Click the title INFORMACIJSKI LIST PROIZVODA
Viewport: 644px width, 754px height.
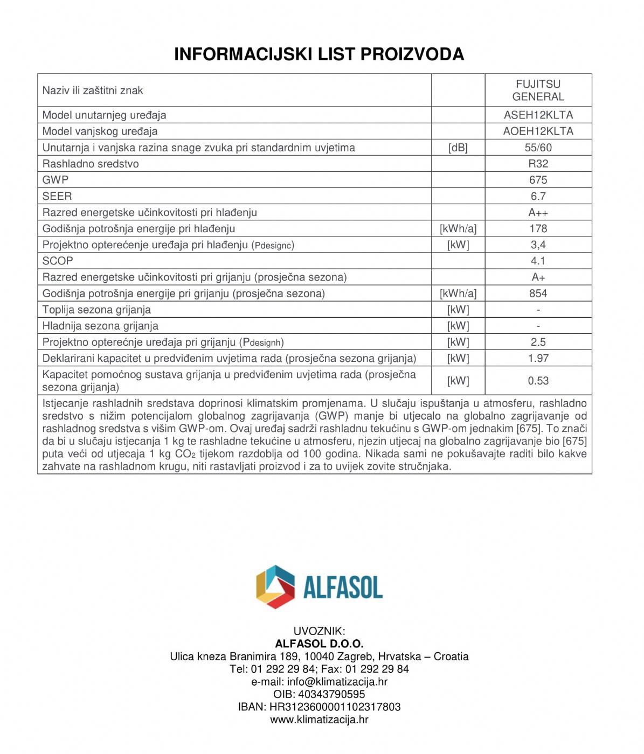coord(319,54)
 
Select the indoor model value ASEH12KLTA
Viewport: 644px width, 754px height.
coord(538,115)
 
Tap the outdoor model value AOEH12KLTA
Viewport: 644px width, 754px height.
coord(538,131)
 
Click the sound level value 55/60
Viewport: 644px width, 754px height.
coord(538,148)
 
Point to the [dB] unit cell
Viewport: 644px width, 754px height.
coord(458,148)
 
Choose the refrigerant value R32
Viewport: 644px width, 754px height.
coord(538,164)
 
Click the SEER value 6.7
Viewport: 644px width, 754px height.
coord(538,196)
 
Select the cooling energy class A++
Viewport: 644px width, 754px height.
coord(538,212)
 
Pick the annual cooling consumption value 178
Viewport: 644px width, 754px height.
coord(538,228)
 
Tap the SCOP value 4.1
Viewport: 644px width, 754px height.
coord(538,261)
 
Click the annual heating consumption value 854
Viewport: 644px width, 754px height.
coord(538,294)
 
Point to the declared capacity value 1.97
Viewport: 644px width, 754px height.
coord(538,358)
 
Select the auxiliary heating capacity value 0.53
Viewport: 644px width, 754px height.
coord(538,381)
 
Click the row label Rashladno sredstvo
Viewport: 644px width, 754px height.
coord(91,164)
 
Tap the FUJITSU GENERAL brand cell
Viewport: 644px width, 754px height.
coord(538,90)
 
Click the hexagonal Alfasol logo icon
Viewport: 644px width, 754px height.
coord(275,587)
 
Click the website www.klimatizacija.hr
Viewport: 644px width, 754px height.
coord(319,720)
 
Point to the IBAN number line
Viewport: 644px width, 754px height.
coord(319,707)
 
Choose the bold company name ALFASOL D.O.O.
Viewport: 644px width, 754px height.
coord(319,644)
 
